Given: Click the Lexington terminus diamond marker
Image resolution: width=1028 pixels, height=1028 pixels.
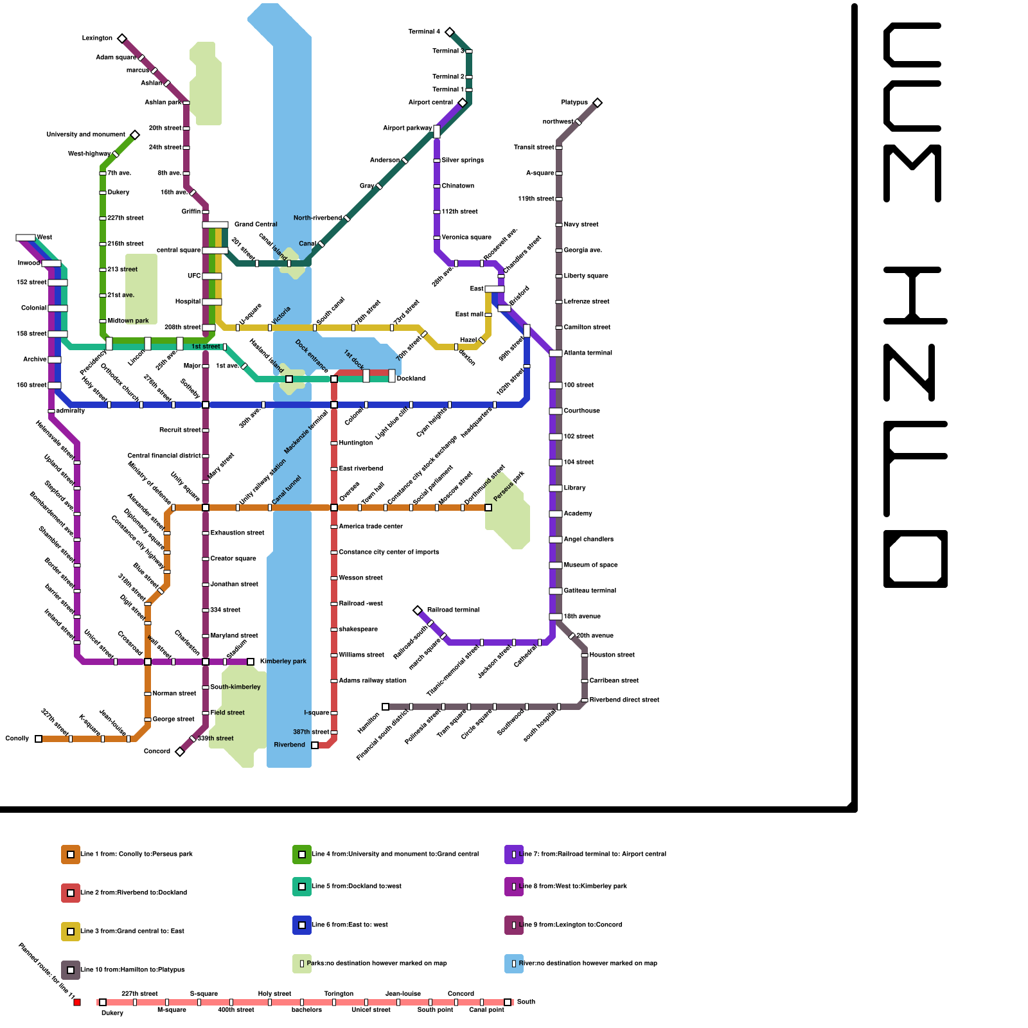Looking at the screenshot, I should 122,39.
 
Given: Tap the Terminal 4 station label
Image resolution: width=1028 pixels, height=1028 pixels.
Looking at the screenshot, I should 424,31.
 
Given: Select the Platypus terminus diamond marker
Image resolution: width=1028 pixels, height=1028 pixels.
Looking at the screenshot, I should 598,103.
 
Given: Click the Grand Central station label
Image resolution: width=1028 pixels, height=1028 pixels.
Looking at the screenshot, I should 256,224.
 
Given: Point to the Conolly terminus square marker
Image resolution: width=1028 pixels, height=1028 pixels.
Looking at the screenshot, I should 39,739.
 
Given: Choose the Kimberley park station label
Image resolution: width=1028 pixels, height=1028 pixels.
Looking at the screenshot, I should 283,661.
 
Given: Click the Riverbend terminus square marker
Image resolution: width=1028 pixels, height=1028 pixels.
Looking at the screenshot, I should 315,745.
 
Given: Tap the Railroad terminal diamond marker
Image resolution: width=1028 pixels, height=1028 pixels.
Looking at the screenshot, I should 418,610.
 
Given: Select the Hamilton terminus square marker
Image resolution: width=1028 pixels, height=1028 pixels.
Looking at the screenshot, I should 385,707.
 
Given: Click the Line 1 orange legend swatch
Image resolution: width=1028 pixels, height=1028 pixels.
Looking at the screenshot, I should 71,855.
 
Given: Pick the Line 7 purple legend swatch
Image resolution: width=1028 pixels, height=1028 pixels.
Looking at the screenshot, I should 514,855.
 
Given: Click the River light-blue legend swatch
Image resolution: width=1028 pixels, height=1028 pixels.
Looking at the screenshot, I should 514,964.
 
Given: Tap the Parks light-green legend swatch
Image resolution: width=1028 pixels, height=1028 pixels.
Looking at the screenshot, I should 302,964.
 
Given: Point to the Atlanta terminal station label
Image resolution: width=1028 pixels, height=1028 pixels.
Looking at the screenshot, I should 588,353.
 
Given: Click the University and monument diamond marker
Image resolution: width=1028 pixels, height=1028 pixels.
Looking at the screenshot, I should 135,135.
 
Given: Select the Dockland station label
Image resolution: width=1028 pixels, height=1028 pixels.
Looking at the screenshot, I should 411,378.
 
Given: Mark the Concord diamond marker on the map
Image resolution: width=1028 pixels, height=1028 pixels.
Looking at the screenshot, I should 180,752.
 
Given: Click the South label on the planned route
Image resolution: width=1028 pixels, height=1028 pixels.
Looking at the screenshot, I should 526,1002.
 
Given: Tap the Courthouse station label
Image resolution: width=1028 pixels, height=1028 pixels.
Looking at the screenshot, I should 581,411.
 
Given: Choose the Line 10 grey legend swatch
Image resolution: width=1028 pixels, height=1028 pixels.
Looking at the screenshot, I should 71,970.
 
